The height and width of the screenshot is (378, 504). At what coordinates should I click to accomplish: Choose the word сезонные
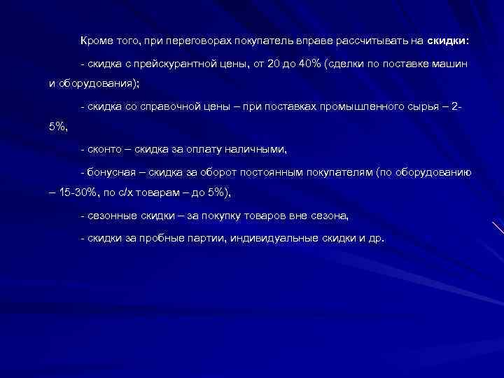(109, 215)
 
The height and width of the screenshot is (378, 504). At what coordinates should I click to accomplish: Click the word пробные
(169, 237)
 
